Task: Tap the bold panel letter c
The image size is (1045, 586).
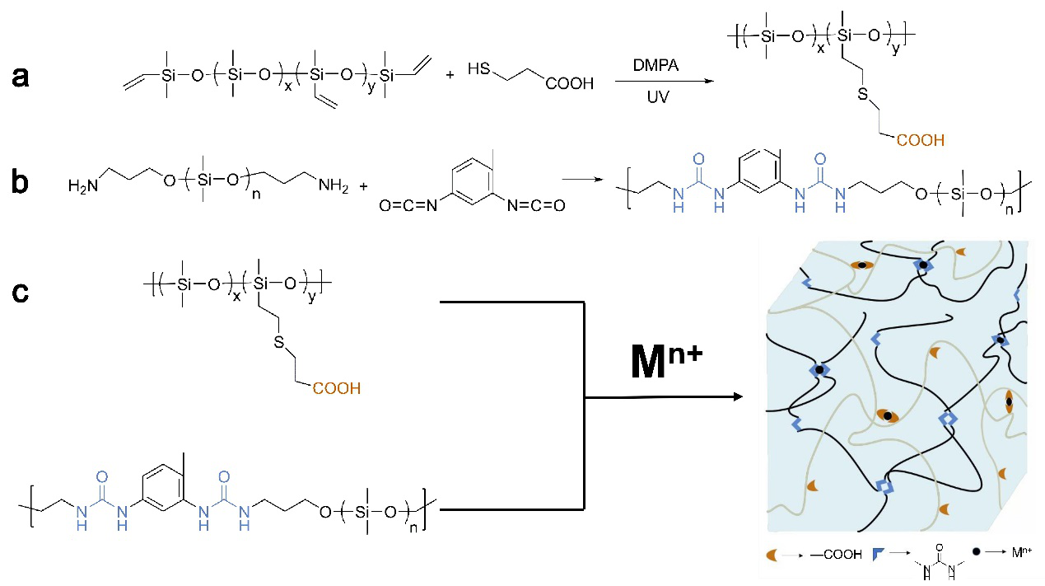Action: [23, 292]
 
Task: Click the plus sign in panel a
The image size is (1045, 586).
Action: [450, 75]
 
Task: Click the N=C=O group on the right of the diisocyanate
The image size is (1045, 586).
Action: [535, 205]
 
